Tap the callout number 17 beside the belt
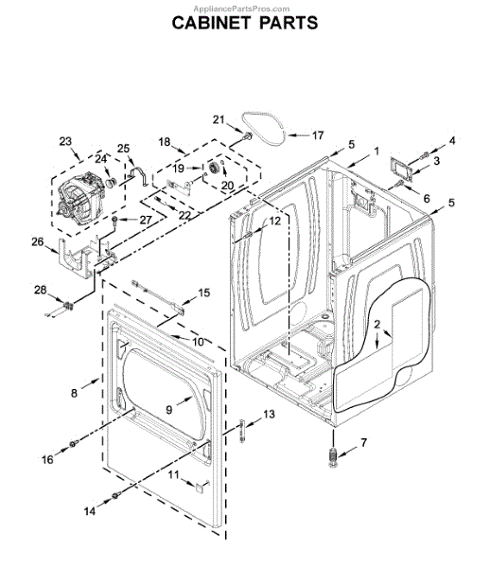click(318, 135)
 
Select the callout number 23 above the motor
click(65, 141)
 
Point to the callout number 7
click(363, 442)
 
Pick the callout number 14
click(90, 511)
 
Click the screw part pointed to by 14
click(115, 495)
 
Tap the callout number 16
click(47, 459)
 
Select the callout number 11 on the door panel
click(173, 474)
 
